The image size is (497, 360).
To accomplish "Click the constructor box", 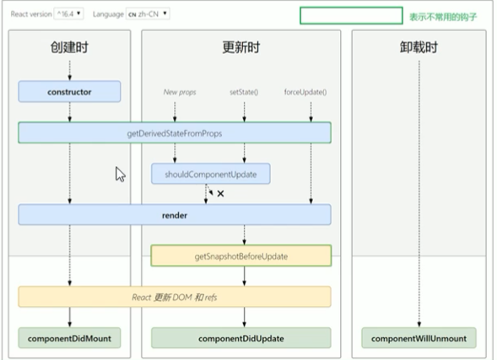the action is point(69,92).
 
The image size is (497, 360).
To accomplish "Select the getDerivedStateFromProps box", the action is point(175,133).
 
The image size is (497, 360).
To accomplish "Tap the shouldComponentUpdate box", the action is point(211,174).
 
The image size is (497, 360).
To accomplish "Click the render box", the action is point(175,215).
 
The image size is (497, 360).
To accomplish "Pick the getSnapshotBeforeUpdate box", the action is point(241,255).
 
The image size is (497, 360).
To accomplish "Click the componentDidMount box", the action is point(69,338).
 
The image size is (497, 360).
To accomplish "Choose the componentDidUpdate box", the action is point(241,338).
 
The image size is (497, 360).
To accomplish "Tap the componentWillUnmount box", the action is point(419,338).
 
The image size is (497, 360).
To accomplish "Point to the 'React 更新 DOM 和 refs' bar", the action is point(175,297).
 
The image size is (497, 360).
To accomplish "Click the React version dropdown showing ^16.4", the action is point(69,14).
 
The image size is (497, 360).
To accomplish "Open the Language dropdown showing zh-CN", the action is point(148,14).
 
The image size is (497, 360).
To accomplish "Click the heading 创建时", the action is point(69,47).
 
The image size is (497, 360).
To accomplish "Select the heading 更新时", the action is point(241,47).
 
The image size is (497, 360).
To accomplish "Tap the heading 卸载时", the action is point(419,47).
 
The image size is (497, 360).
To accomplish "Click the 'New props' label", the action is point(180,92).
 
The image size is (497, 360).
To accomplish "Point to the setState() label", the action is point(244,92).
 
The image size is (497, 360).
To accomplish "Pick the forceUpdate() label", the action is point(305,92).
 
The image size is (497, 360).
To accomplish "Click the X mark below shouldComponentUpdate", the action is point(220,193).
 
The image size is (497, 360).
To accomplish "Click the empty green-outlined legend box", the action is point(352,15).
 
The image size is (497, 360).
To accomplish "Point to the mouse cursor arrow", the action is point(120,175).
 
